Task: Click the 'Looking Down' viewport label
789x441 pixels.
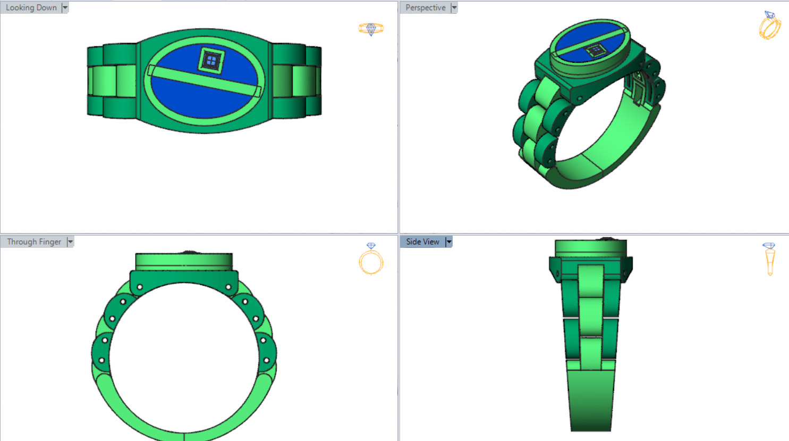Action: coord(31,7)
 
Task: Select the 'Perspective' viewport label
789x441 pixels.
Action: coord(425,7)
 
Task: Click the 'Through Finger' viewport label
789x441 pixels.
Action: coord(34,242)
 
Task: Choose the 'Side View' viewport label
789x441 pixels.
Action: coord(422,242)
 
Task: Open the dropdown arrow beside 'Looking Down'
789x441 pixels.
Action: coord(65,7)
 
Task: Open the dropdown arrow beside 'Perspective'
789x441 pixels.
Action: coord(454,7)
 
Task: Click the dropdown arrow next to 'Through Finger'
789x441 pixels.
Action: coord(70,242)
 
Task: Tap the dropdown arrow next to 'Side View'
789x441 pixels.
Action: coord(449,242)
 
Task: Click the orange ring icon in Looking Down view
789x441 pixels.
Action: coord(371,28)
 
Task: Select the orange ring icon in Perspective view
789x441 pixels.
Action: coord(769,25)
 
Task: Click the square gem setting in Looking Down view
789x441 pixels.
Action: coord(211,60)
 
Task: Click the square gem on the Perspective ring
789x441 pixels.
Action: coord(595,51)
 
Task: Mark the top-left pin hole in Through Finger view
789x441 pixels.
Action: coord(140,287)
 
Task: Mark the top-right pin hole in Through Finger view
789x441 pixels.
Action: coord(228,287)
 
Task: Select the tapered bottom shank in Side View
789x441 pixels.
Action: coord(590,399)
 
